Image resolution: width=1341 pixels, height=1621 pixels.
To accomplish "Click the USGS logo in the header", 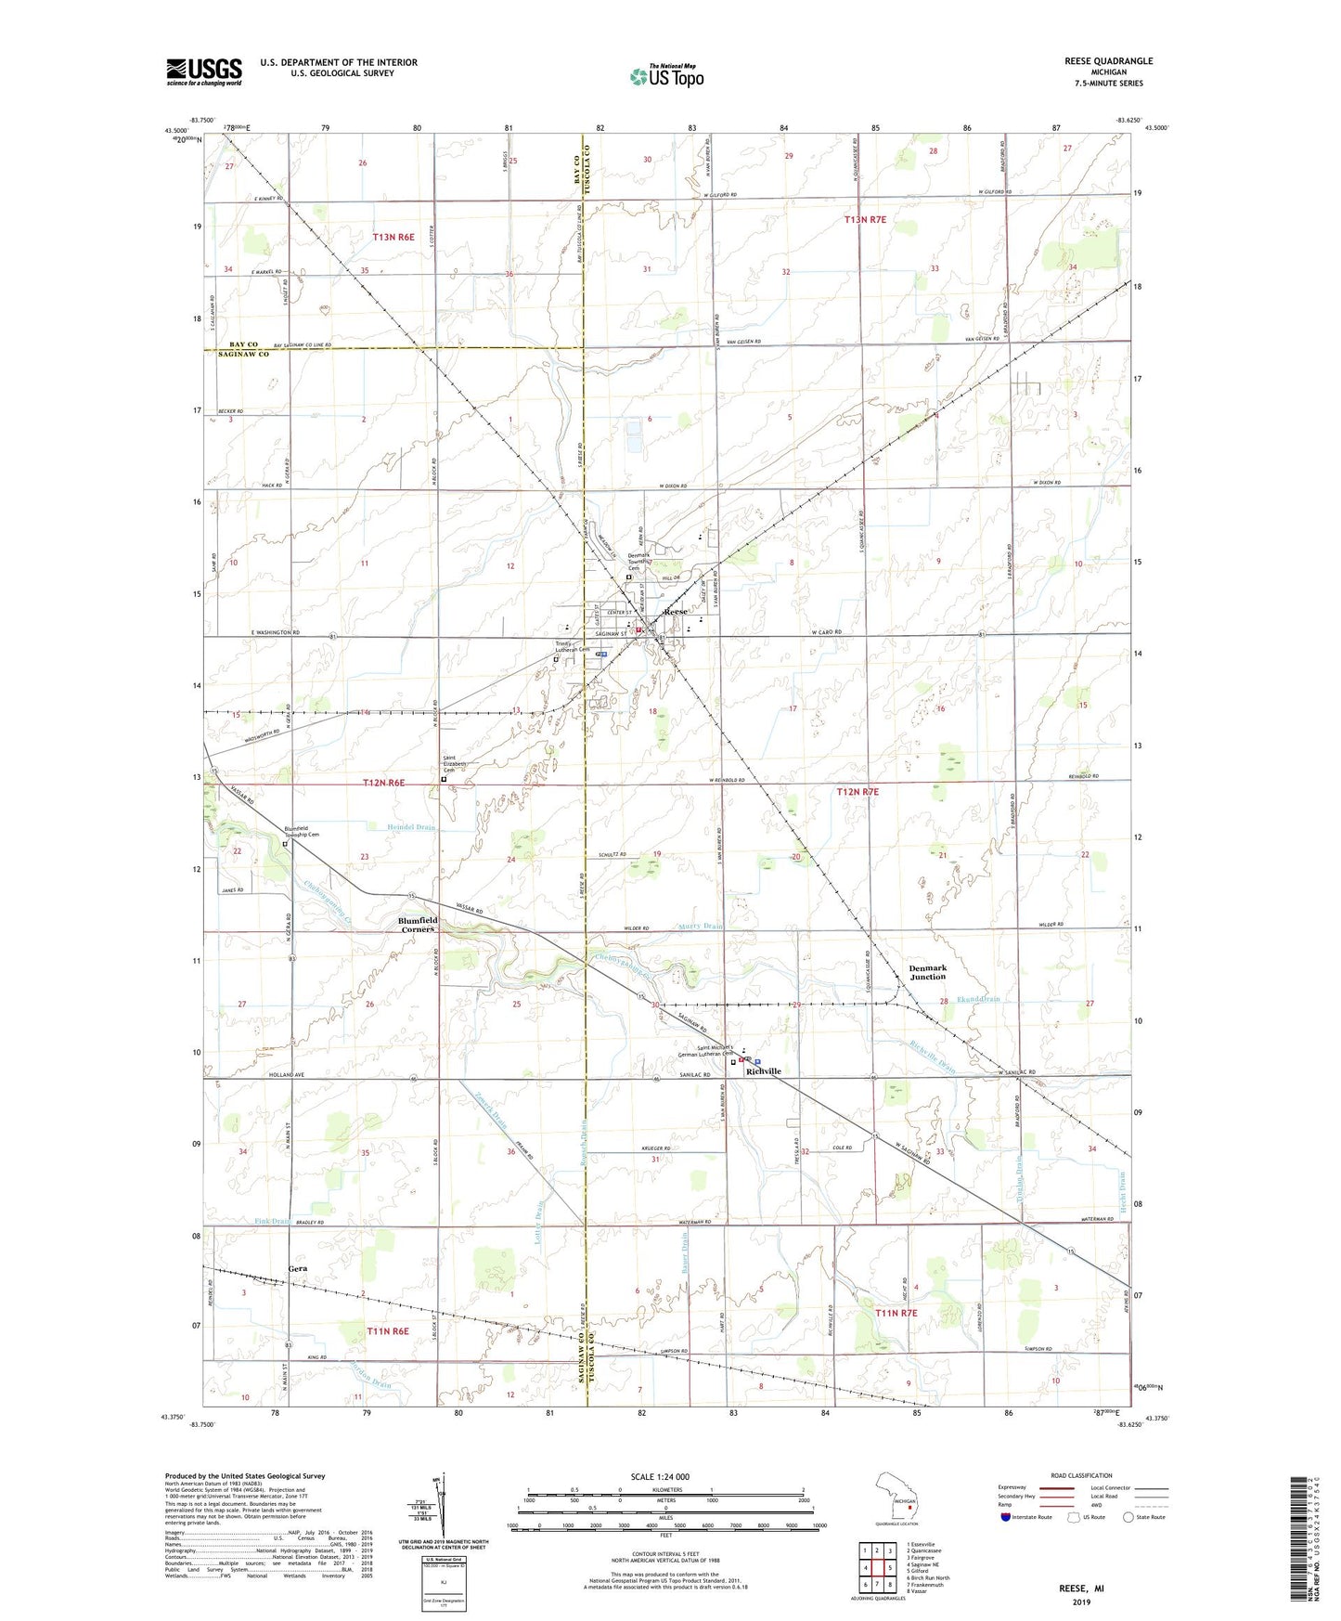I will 204,71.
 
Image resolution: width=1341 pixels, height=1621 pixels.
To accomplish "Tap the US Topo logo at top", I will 665,76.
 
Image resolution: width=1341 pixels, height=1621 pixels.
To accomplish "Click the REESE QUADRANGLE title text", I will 1108,61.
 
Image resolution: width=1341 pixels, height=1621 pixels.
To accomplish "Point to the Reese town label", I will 677,613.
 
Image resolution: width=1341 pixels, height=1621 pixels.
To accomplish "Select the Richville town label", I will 764,1071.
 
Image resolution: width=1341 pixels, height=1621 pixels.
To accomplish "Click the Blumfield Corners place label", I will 418,925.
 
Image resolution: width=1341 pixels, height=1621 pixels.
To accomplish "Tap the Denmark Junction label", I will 927,972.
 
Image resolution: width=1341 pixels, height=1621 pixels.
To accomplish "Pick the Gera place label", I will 298,1268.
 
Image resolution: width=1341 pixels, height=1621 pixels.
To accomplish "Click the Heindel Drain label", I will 411,827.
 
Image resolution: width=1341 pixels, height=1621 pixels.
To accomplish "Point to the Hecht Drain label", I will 1121,1186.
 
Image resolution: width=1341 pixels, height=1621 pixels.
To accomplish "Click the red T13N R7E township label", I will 865,220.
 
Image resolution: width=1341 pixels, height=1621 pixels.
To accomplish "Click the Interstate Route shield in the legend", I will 1006,1517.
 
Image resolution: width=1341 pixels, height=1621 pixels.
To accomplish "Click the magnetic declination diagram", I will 442,1504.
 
